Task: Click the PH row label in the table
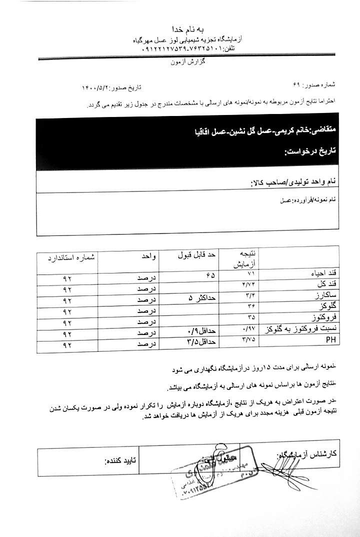[x=330, y=339]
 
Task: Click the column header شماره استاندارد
[x=72, y=257]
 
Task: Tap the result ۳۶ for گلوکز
[x=251, y=306]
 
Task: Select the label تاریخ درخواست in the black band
[x=306, y=150]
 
